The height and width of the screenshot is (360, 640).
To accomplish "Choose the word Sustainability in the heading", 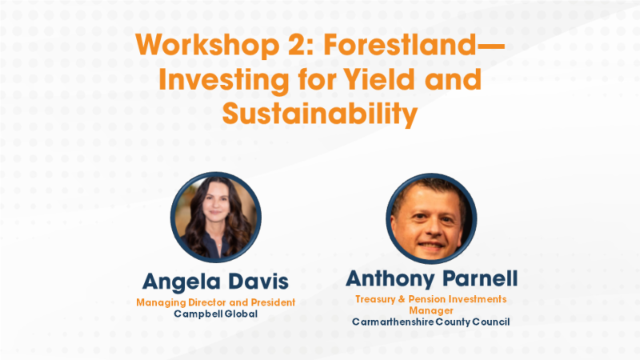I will [x=320, y=114].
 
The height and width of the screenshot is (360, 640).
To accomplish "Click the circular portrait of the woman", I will [x=215, y=218].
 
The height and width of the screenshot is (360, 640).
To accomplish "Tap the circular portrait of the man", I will [x=431, y=218].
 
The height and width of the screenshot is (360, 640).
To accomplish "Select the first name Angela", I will [x=178, y=282].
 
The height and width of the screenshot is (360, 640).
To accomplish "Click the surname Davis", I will [x=254, y=282].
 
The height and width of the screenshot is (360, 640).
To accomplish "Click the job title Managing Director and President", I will [x=215, y=302].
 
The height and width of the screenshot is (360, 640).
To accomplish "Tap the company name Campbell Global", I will [x=215, y=314].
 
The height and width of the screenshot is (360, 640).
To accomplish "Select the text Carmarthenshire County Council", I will [x=431, y=322].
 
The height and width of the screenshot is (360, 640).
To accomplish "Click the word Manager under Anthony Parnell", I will [x=431, y=310].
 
